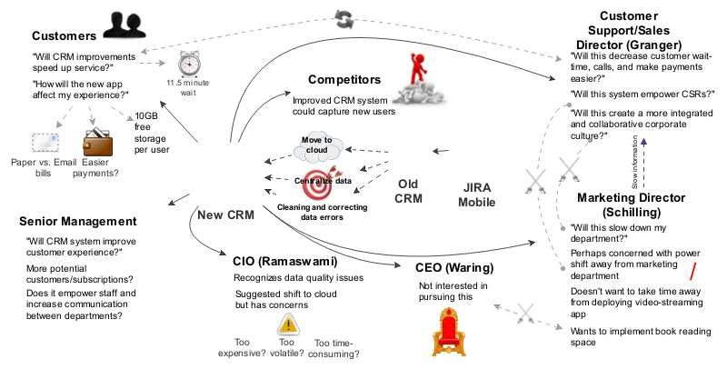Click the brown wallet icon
(x=96, y=144)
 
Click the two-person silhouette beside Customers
(x=124, y=24)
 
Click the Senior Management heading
(x=77, y=222)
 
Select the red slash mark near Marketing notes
(x=692, y=270)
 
